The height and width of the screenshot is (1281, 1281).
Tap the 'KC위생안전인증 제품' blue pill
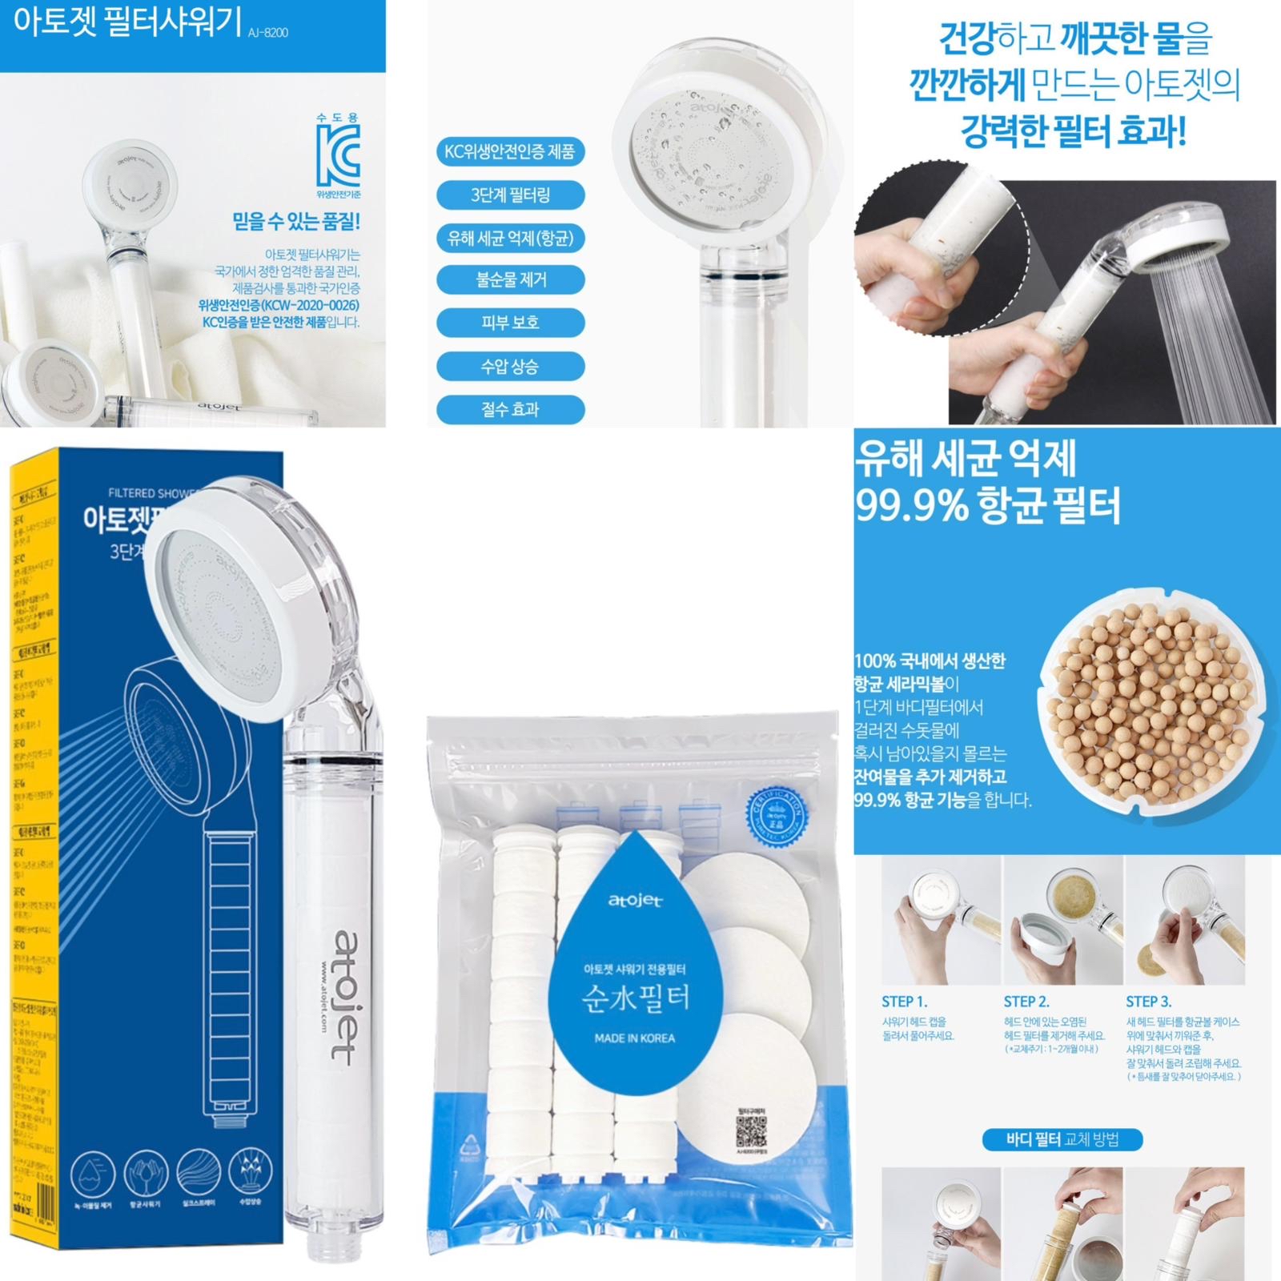(x=510, y=152)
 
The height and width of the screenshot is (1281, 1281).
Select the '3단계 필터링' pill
(x=510, y=195)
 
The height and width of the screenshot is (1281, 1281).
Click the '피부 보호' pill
(x=510, y=323)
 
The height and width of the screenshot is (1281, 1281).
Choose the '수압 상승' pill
(x=510, y=367)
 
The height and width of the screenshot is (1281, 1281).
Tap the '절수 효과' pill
(x=510, y=410)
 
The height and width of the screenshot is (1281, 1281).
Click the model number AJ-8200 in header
(x=268, y=33)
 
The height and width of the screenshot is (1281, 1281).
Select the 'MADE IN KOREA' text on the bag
(x=634, y=1038)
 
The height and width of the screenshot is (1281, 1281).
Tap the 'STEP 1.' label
(x=904, y=1002)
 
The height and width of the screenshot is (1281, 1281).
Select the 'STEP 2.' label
(x=1026, y=1002)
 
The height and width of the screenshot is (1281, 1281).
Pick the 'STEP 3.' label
(x=1148, y=1002)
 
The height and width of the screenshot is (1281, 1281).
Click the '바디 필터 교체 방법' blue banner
(x=1062, y=1139)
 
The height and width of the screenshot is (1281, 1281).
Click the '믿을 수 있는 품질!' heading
(x=296, y=221)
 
